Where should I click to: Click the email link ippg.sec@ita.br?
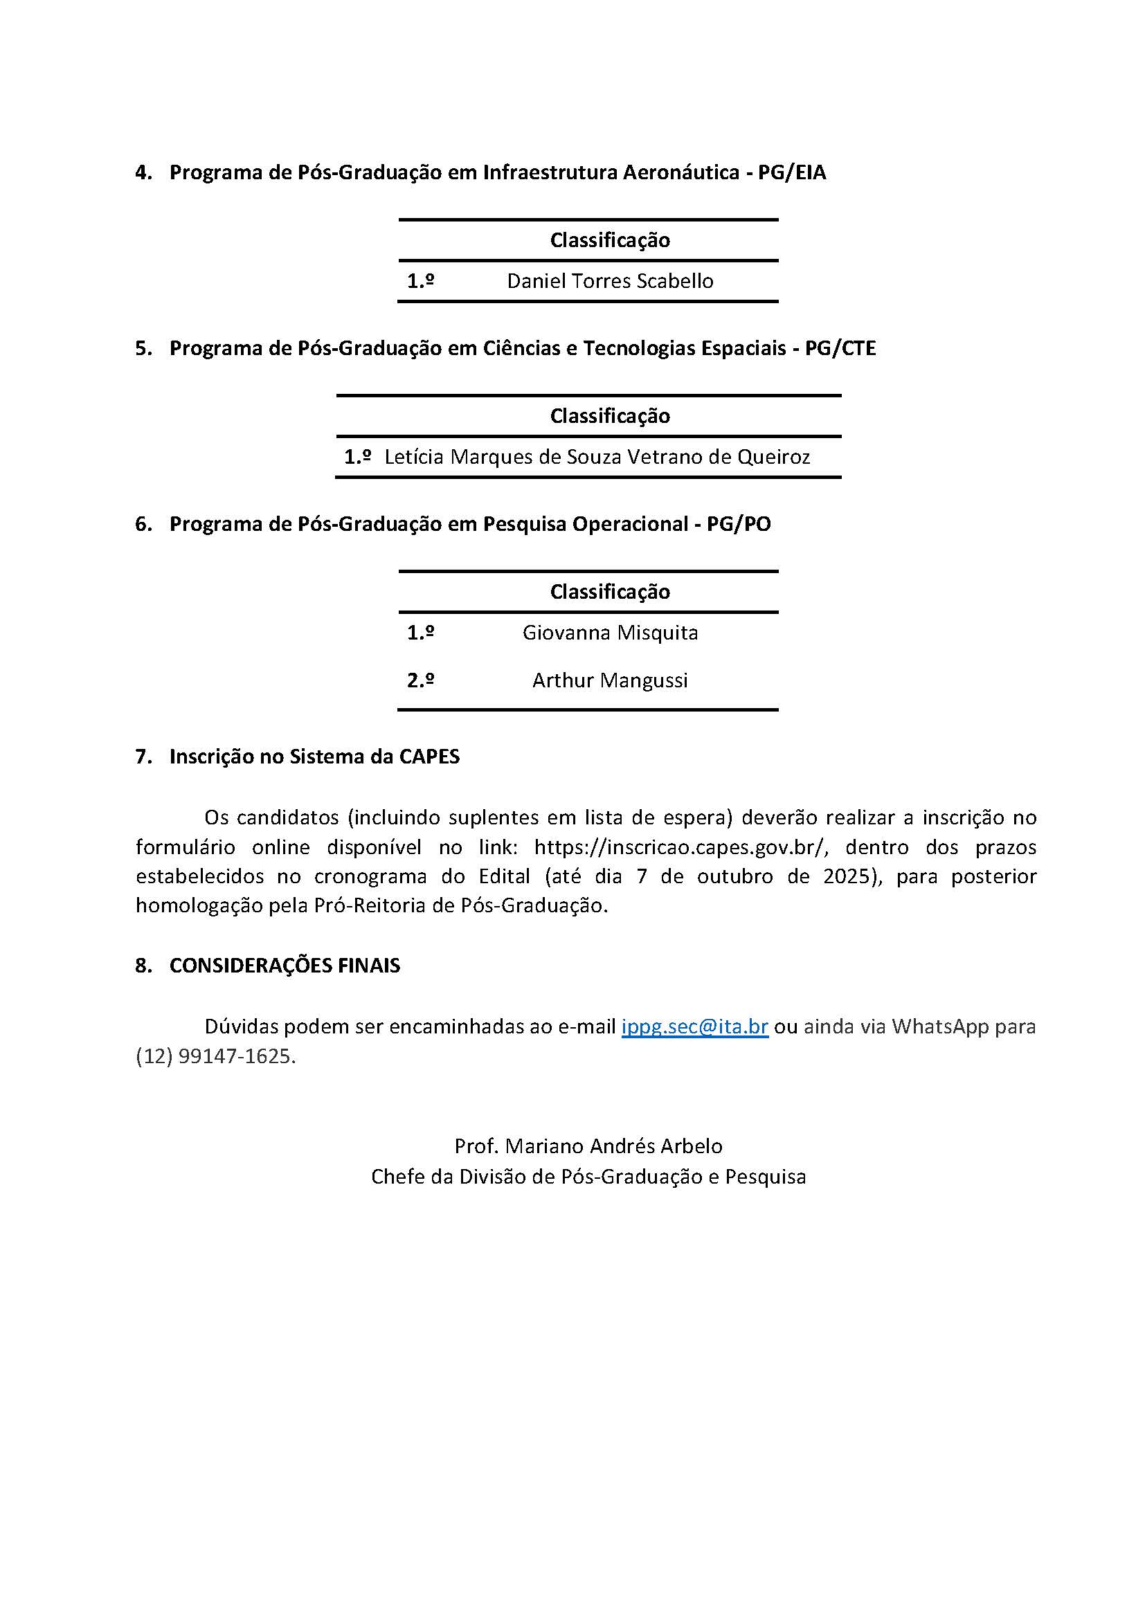(x=694, y=1026)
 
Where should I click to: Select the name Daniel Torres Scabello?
(x=610, y=280)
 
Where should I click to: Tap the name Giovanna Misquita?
(x=610, y=633)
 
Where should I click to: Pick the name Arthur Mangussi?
(x=610, y=680)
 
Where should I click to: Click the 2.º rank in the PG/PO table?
(x=420, y=680)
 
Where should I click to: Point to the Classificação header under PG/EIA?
(x=610, y=239)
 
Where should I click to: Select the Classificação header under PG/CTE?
(x=610, y=415)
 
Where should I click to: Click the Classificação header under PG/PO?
(x=610, y=591)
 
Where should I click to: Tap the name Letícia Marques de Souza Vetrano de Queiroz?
(x=597, y=457)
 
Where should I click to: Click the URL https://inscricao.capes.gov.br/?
(x=680, y=846)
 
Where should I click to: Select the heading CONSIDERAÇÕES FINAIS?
(x=285, y=966)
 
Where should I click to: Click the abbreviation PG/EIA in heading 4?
(x=792, y=172)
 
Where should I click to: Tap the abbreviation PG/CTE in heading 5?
(x=840, y=348)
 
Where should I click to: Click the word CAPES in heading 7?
(x=429, y=757)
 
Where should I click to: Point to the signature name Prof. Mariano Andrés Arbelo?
(x=588, y=1146)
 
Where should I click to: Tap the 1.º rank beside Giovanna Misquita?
(x=420, y=633)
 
